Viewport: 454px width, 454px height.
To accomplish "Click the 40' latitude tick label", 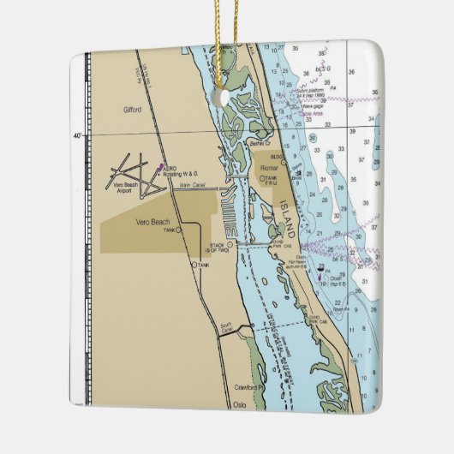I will (x=78, y=136).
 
